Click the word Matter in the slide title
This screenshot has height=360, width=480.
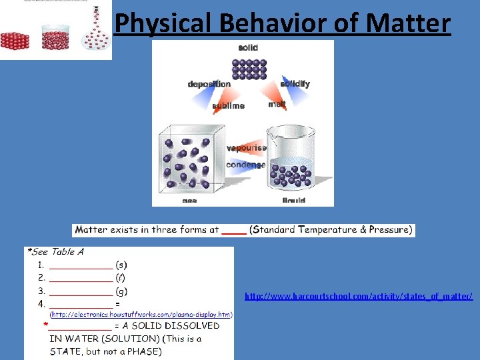click(410, 23)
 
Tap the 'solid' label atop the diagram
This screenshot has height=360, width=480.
click(248, 47)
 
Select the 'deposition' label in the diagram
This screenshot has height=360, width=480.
click(209, 84)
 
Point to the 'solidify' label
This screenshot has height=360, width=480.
click(295, 84)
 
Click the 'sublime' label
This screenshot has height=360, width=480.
click(229, 105)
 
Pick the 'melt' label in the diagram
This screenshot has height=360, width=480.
click(277, 104)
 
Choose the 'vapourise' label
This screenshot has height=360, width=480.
click(246, 148)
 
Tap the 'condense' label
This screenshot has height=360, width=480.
click(245, 165)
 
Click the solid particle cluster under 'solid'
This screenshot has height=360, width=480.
click(249, 69)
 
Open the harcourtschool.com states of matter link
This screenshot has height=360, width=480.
click(359, 295)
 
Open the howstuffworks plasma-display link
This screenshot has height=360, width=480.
click(141, 314)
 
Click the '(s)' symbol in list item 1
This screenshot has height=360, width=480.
click(121, 265)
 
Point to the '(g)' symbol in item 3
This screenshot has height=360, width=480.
click(121, 291)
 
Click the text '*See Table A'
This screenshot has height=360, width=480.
click(55, 252)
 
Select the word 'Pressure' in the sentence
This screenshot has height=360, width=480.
click(390, 230)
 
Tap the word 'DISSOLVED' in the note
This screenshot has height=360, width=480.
click(189, 326)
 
